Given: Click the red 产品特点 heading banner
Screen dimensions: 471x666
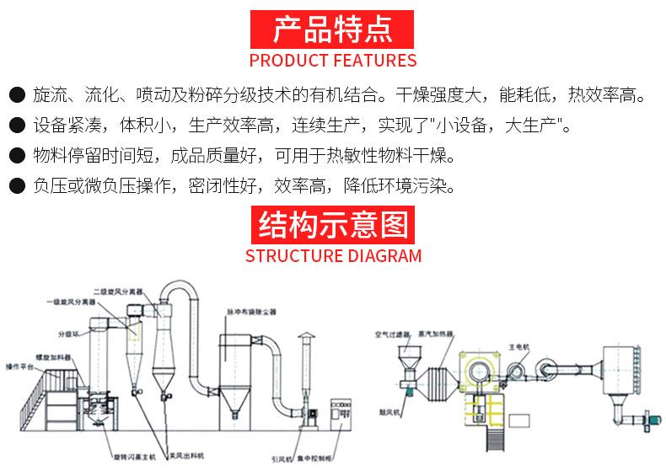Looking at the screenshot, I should [333, 29].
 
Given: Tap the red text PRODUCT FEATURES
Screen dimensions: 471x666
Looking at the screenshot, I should [333, 61].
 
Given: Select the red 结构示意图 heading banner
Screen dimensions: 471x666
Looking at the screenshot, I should [333, 225].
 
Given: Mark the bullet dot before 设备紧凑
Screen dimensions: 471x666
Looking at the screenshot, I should [15, 127].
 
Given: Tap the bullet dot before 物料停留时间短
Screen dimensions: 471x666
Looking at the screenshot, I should [15, 157].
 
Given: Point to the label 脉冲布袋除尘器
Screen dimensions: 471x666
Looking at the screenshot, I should [250, 312].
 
